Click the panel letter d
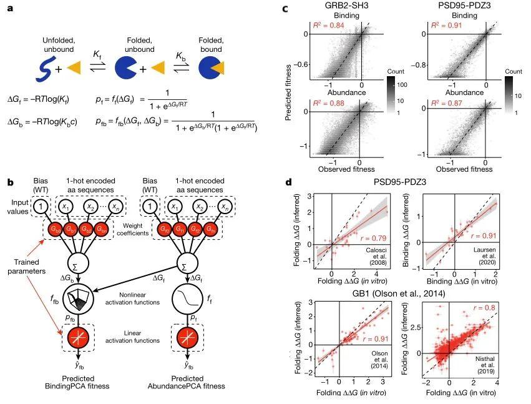288,183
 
